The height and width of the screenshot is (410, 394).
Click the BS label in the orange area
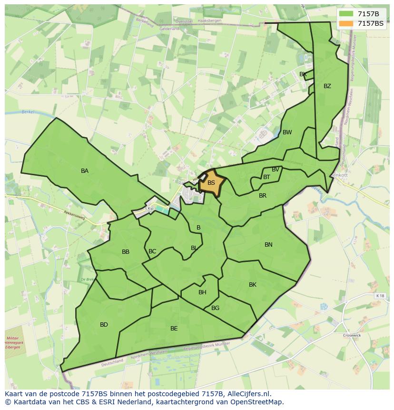point(211,182)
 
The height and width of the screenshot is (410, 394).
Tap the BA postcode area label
point(85,171)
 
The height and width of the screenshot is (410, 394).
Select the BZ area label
point(327,86)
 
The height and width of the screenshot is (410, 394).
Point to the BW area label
point(287,132)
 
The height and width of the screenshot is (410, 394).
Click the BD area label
point(104,325)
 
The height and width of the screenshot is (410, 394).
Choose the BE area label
point(174,329)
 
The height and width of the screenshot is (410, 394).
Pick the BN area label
point(268,245)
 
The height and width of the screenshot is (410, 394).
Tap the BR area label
point(263,196)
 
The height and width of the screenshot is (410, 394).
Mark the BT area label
point(266,177)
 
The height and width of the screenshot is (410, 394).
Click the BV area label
point(276,170)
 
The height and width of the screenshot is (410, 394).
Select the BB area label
point(126,252)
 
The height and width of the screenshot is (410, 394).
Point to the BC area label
point(152,251)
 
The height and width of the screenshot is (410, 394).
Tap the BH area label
point(202,292)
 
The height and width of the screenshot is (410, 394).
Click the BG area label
point(215,308)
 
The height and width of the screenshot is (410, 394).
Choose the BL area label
point(194,248)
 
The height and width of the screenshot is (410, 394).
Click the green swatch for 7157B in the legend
point(346,13)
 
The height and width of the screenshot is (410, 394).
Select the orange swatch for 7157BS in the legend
point(346,23)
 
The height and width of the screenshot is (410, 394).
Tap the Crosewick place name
point(353,335)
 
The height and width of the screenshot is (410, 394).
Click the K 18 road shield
point(380,296)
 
